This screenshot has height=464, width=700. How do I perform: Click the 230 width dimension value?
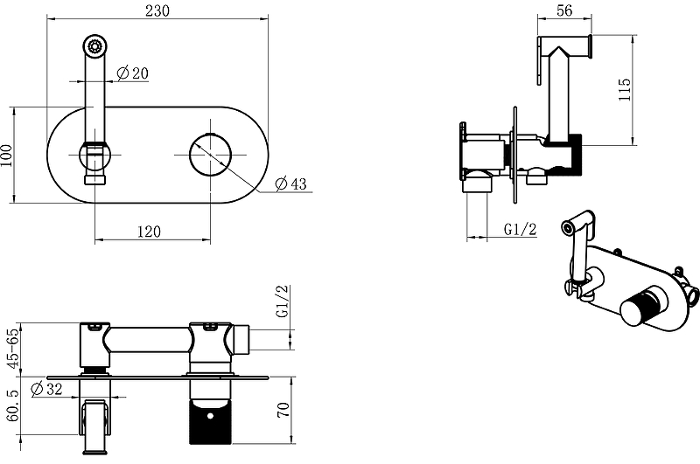point(157,10)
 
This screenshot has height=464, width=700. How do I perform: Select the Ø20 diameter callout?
point(133,73)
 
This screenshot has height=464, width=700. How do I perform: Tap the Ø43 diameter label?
point(291,184)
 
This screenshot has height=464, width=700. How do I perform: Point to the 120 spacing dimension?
point(149,232)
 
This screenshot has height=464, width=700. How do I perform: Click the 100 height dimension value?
point(6,156)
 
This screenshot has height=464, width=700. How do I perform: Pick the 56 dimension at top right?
point(564,10)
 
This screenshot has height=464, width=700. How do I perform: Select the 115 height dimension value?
point(625,89)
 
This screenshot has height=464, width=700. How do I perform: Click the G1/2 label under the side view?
point(520,229)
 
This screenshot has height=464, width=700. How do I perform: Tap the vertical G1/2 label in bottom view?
point(283,301)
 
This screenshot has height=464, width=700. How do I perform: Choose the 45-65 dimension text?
point(15,348)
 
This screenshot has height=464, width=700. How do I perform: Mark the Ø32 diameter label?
point(46,389)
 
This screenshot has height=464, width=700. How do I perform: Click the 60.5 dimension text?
point(14,405)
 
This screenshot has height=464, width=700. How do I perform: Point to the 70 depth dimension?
point(283,410)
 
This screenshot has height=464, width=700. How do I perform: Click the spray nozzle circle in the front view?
point(94,46)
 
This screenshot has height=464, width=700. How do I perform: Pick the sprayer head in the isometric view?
point(578,224)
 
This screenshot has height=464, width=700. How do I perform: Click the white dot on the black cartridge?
point(210,416)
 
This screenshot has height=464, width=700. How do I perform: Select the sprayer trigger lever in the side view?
point(540,61)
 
